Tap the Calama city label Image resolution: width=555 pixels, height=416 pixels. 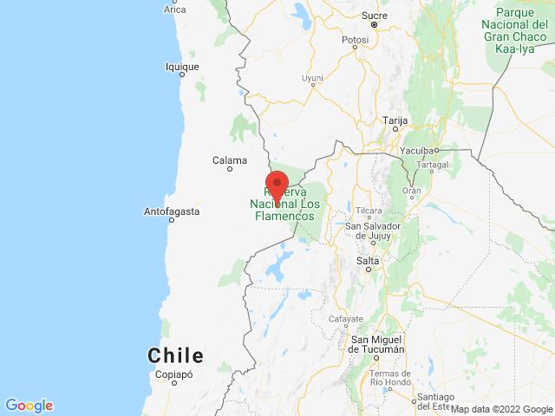[x=230, y=159]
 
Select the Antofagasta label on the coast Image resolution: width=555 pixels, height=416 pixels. [x=172, y=211]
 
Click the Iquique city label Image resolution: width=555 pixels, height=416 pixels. [x=182, y=66]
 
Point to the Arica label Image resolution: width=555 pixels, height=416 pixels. [x=175, y=10]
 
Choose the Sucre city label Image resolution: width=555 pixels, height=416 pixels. [x=374, y=16]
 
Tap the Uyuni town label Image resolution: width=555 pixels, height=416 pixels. [x=312, y=78]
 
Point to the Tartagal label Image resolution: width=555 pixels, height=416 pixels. [x=432, y=164]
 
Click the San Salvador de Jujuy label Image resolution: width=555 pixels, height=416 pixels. [x=372, y=231]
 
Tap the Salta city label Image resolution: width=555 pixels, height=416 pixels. [x=368, y=260]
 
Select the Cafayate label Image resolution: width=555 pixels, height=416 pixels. [x=346, y=319]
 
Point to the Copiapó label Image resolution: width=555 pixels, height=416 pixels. [x=173, y=374]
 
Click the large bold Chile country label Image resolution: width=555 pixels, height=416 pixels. [x=176, y=355]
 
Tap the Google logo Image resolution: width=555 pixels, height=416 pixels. [x=29, y=405]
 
